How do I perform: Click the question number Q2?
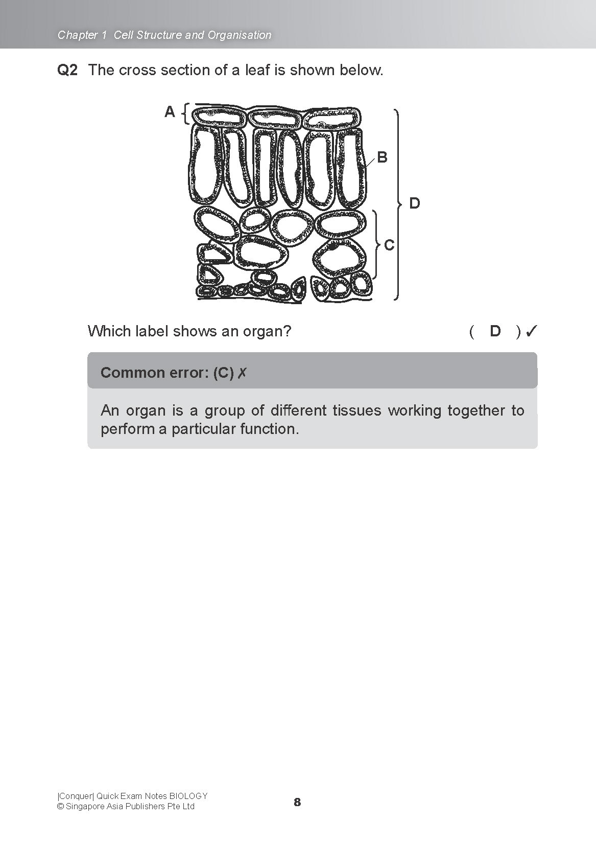click(x=67, y=70)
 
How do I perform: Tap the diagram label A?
click(x=170, y=112)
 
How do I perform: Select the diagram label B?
click(x=382, y=157)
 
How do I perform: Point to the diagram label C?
click(x=389, y=245)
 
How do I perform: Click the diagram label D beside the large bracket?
click(x=415, y=203)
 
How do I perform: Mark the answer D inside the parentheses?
click(x=495, y=331)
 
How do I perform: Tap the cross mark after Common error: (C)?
click(x=242, y=373)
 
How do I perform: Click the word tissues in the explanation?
click(x=356, y=410)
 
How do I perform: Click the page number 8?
click(x=297, y=802)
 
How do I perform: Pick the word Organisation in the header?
click(x=240, y=35)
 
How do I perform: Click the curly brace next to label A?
click(x=186, y=113)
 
